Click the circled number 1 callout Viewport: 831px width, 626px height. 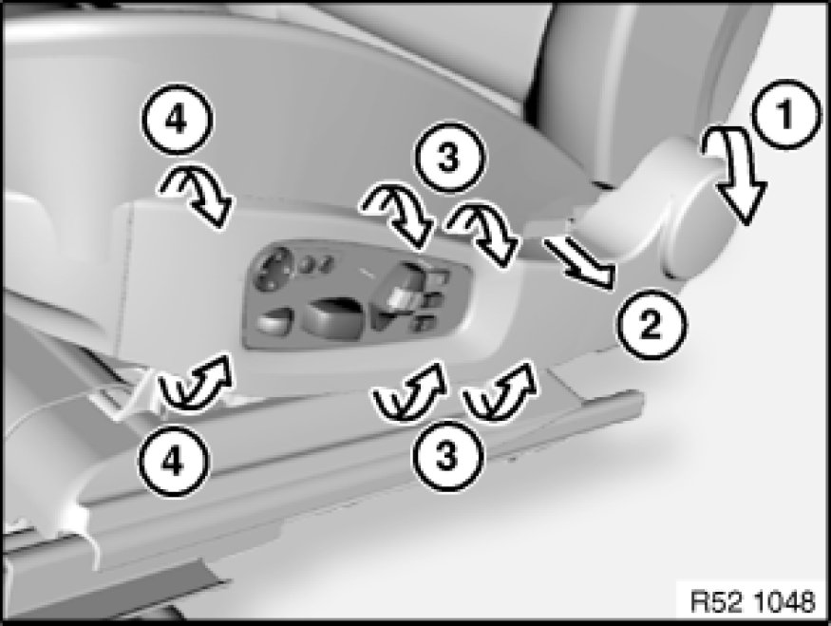click(x=786, y=114)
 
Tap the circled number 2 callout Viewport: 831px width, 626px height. click(x=651, y=323)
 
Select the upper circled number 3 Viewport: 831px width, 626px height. click(x=449, y=158)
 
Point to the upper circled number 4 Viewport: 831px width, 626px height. click(x=177, y=120)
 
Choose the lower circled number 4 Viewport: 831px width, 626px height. click(x=174, y=461)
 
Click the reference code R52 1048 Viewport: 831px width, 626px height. click(x=752, y=601)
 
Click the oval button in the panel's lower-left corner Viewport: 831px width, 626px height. click(x=274, y=322)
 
